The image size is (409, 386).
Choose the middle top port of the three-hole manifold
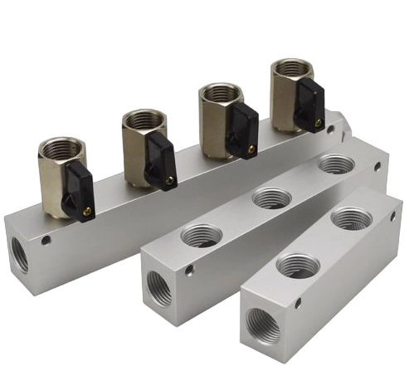pos(271,198)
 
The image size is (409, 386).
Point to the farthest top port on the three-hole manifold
pos(336,164)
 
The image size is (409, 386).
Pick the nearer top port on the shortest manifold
pos(297,266)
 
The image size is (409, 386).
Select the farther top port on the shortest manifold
pos(351,217)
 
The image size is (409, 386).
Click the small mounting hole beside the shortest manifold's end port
pos(296,305)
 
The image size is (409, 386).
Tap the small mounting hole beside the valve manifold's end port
pos(46,242)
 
